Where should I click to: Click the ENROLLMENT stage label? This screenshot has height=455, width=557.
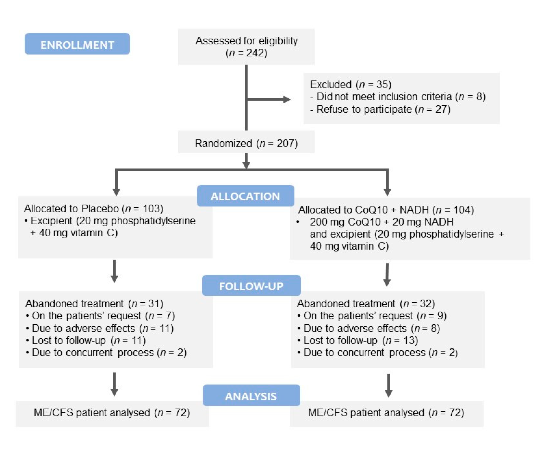[x=77, y=45]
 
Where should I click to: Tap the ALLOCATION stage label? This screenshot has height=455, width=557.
[x=245, y=196]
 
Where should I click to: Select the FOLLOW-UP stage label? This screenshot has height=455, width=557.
[x=251, y=286]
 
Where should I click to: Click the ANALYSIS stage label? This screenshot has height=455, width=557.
[x=251, y=396]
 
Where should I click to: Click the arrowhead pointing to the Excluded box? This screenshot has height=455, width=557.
[x=287, y=99]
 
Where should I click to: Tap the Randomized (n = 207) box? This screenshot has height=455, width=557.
[x=246, y=143]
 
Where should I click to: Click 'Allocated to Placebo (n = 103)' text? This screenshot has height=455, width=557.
[x=94, y=209]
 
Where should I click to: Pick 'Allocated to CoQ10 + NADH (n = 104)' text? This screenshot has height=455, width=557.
[x=386, y=210]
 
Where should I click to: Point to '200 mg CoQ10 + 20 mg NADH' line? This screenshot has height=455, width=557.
[x=381, y=222]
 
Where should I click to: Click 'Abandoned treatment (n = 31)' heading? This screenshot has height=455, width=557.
[x=94, y=303]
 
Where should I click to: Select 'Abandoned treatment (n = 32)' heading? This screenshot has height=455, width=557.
[x=366, y=303]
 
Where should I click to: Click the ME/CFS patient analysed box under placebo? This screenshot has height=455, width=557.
[x=112, y=413]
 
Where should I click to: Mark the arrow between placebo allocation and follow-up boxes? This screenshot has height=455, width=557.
[x=114, y=272]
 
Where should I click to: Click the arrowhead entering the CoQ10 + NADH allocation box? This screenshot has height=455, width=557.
[x=387, y=192]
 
